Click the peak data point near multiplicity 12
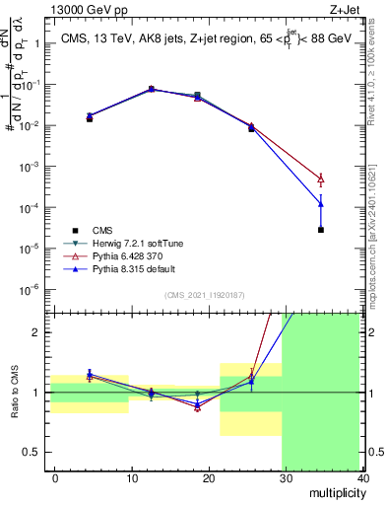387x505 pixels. click(151, 89)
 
